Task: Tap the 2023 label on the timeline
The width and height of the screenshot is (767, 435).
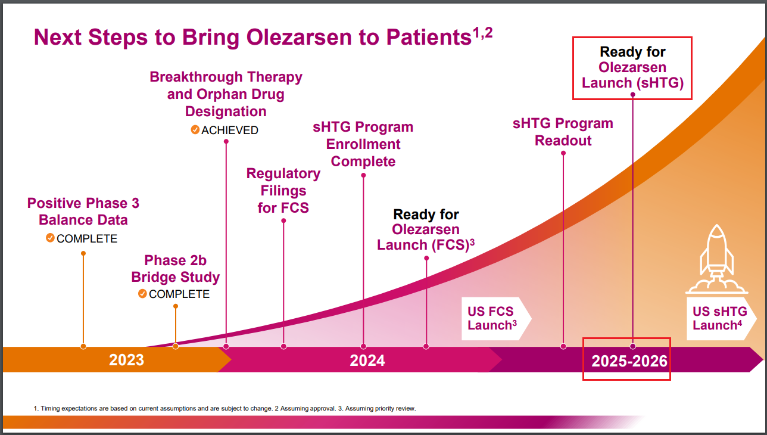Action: (x=126, y=360)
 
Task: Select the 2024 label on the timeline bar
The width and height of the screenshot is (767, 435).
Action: (x=367, y=360)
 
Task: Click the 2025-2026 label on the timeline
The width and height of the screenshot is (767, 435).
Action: (x=629, y=361)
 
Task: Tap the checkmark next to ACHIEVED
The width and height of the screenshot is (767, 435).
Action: (x=195, y=130)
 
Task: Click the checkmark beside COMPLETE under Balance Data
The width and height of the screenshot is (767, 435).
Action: (x=50, y=238)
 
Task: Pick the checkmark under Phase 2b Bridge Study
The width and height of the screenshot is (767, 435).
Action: (x=142, y=294)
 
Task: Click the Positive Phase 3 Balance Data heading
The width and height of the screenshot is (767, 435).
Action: (x=83, y=212)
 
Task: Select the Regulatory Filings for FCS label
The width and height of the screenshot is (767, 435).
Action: (x=283, y=191)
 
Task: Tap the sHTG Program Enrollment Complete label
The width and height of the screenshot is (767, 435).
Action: (x=363, y=144)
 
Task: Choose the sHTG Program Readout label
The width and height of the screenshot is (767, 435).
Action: (x=563, y=132)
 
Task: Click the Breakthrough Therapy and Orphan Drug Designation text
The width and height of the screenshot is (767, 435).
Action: (x=226, y=94)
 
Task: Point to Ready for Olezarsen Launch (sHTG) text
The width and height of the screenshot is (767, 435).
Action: (x=632, y=67)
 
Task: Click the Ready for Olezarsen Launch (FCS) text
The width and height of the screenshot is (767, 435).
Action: (x=426, y=229)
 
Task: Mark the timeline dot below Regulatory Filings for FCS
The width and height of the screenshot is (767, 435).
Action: (x=283, y=346)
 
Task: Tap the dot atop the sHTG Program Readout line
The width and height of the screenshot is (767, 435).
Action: (x=563, y=153)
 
